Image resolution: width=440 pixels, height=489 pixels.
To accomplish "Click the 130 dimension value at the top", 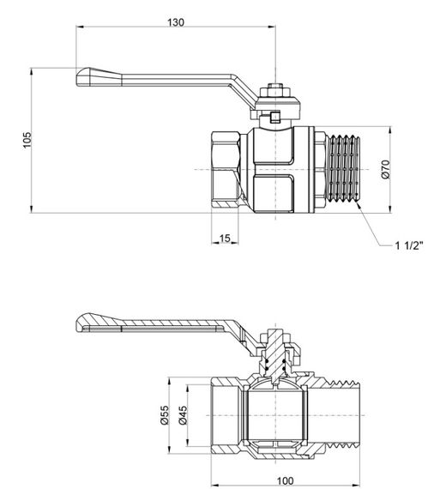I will click(177, 22).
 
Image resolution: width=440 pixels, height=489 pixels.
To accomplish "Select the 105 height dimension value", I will click(27, 139).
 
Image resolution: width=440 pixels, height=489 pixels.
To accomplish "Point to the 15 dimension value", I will click(225, 238).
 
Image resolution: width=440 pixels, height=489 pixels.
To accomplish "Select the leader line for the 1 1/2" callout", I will click(374, 230).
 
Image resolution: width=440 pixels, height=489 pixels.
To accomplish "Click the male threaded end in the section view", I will click(339, 412).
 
